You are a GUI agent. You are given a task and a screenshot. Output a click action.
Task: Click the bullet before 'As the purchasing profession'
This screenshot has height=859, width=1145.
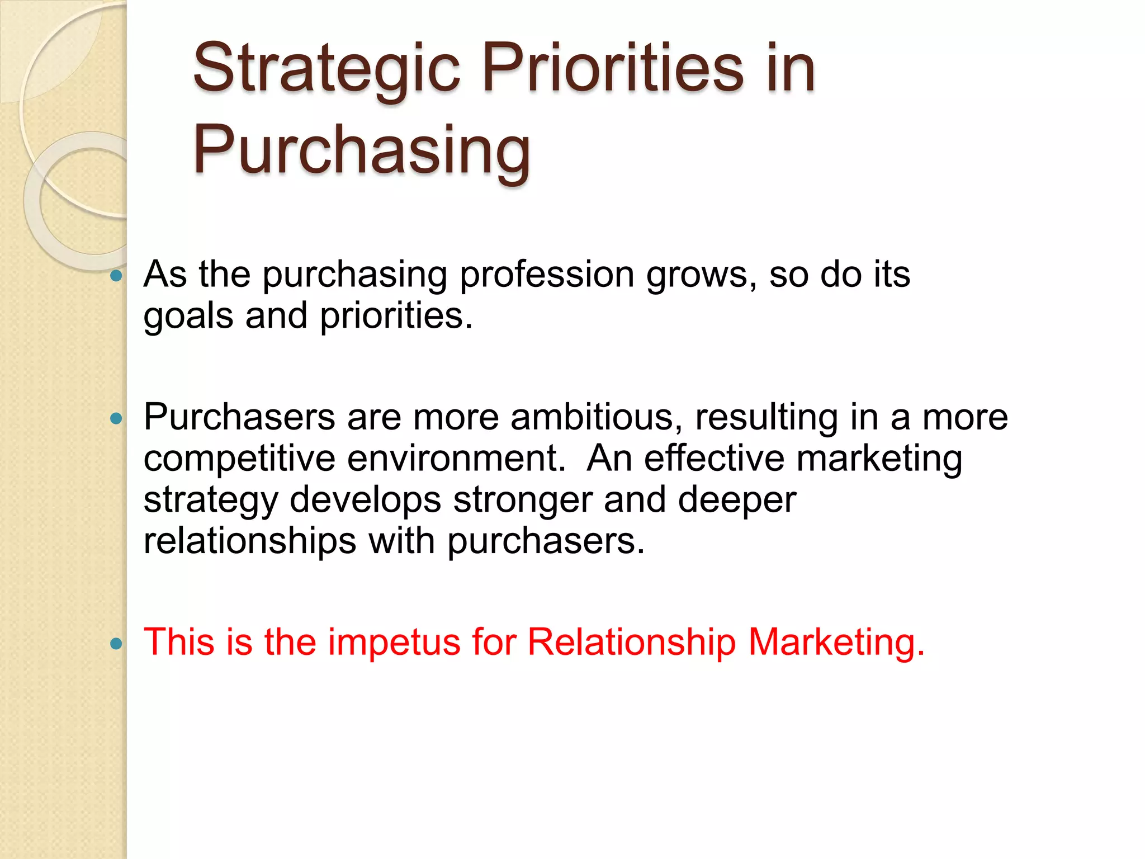116,276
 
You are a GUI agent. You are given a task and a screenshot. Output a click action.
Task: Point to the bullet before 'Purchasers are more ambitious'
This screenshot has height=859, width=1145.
116,418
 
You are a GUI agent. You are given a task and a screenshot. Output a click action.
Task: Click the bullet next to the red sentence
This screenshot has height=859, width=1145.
116,644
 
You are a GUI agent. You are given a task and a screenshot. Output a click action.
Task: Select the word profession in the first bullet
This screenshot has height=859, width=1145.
547,275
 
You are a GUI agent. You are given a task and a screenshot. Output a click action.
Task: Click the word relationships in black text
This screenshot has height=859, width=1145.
250,541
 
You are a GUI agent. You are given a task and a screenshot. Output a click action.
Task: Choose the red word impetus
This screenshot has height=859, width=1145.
394,642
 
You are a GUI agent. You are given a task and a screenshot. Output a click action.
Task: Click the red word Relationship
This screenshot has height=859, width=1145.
632,642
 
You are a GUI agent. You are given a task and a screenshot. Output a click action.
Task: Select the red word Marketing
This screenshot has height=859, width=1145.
836,642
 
